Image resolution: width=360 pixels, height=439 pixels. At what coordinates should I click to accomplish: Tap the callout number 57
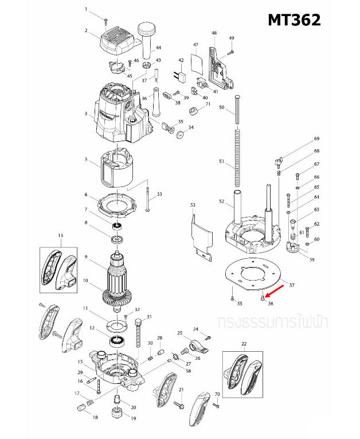tap(291, 285)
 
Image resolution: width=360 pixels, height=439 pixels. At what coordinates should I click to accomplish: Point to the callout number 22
tap(244, 344)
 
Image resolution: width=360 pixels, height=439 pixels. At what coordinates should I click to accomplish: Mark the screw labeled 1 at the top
tap(106, 21)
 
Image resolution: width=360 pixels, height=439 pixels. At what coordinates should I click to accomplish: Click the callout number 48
tap(214, 33)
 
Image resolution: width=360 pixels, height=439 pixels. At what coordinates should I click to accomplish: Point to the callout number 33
tap(159, 195)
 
